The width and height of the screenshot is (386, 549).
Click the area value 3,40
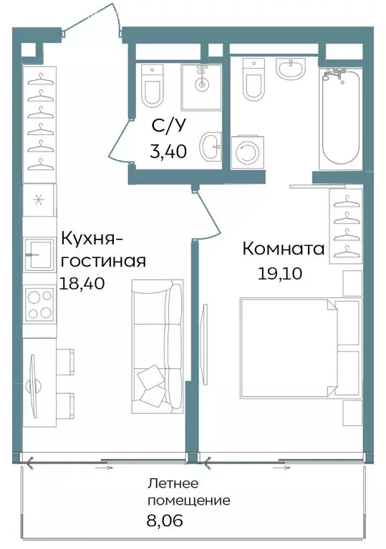[168, 152]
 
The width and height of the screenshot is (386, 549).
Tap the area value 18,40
[82, 283]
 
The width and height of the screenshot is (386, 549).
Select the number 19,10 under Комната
[280, 273]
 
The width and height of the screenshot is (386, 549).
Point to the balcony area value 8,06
[165, 520]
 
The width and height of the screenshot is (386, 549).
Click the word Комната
[283, 249]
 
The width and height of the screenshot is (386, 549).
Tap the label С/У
[168, 126]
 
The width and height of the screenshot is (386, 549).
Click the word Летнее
[173, 483]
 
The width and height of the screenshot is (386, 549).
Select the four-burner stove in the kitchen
[39, 303]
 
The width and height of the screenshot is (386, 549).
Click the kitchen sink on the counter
[39, 254]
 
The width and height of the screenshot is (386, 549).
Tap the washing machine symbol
[248, 152]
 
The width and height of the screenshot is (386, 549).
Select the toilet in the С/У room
[153, 86]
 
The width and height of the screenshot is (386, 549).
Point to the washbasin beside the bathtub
[291, 69]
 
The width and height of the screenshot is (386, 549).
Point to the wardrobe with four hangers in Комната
[345, 226]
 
